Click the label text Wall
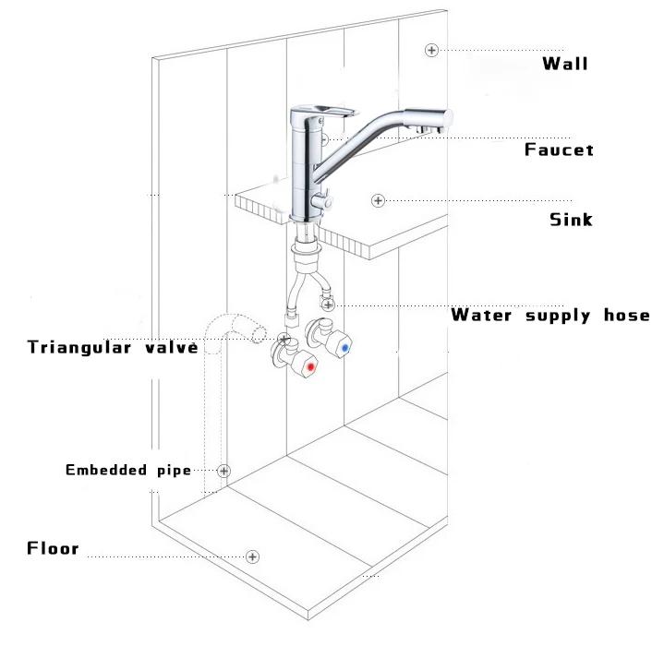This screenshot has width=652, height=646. (564, 64)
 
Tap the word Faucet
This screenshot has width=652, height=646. (559, 150)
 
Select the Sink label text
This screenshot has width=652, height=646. (571, 220)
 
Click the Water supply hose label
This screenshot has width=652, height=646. (549, 316)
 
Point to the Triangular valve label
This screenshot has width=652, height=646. (113, 347)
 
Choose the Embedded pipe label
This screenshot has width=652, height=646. (127, 470)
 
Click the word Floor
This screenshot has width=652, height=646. (53, 549)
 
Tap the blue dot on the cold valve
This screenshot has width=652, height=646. (346, 349)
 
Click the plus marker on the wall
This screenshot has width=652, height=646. (430, 49)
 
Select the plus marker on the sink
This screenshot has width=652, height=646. (377, 200)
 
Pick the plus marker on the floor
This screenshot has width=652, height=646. (252, 556)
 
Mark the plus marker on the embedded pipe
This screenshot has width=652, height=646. (223, 471)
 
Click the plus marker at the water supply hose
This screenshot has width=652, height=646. (330, 304)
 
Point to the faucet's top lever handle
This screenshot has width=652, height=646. (324, 112)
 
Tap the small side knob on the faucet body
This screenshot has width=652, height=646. (323, 197)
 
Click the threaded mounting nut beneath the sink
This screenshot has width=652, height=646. (305, 247)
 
